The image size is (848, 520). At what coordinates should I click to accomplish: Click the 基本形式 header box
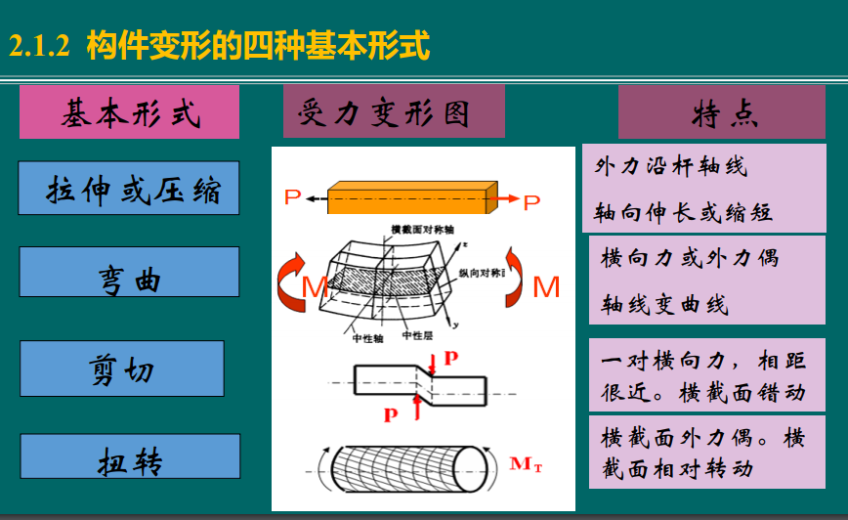(x=129, y=112)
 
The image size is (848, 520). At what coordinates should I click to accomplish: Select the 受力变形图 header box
(x=394, y=111)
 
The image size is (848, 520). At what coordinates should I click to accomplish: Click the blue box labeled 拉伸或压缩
(x=129, y=188)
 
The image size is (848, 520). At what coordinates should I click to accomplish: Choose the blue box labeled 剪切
(x=122, y=368)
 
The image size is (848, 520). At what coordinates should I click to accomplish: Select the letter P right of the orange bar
(x=531, y=202)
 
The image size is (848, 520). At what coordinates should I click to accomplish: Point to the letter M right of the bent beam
(x=546, y=287)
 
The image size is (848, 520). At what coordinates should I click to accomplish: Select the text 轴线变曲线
(x=664, y=305)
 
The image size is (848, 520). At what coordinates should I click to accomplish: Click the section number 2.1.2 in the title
(x=39, y=46)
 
